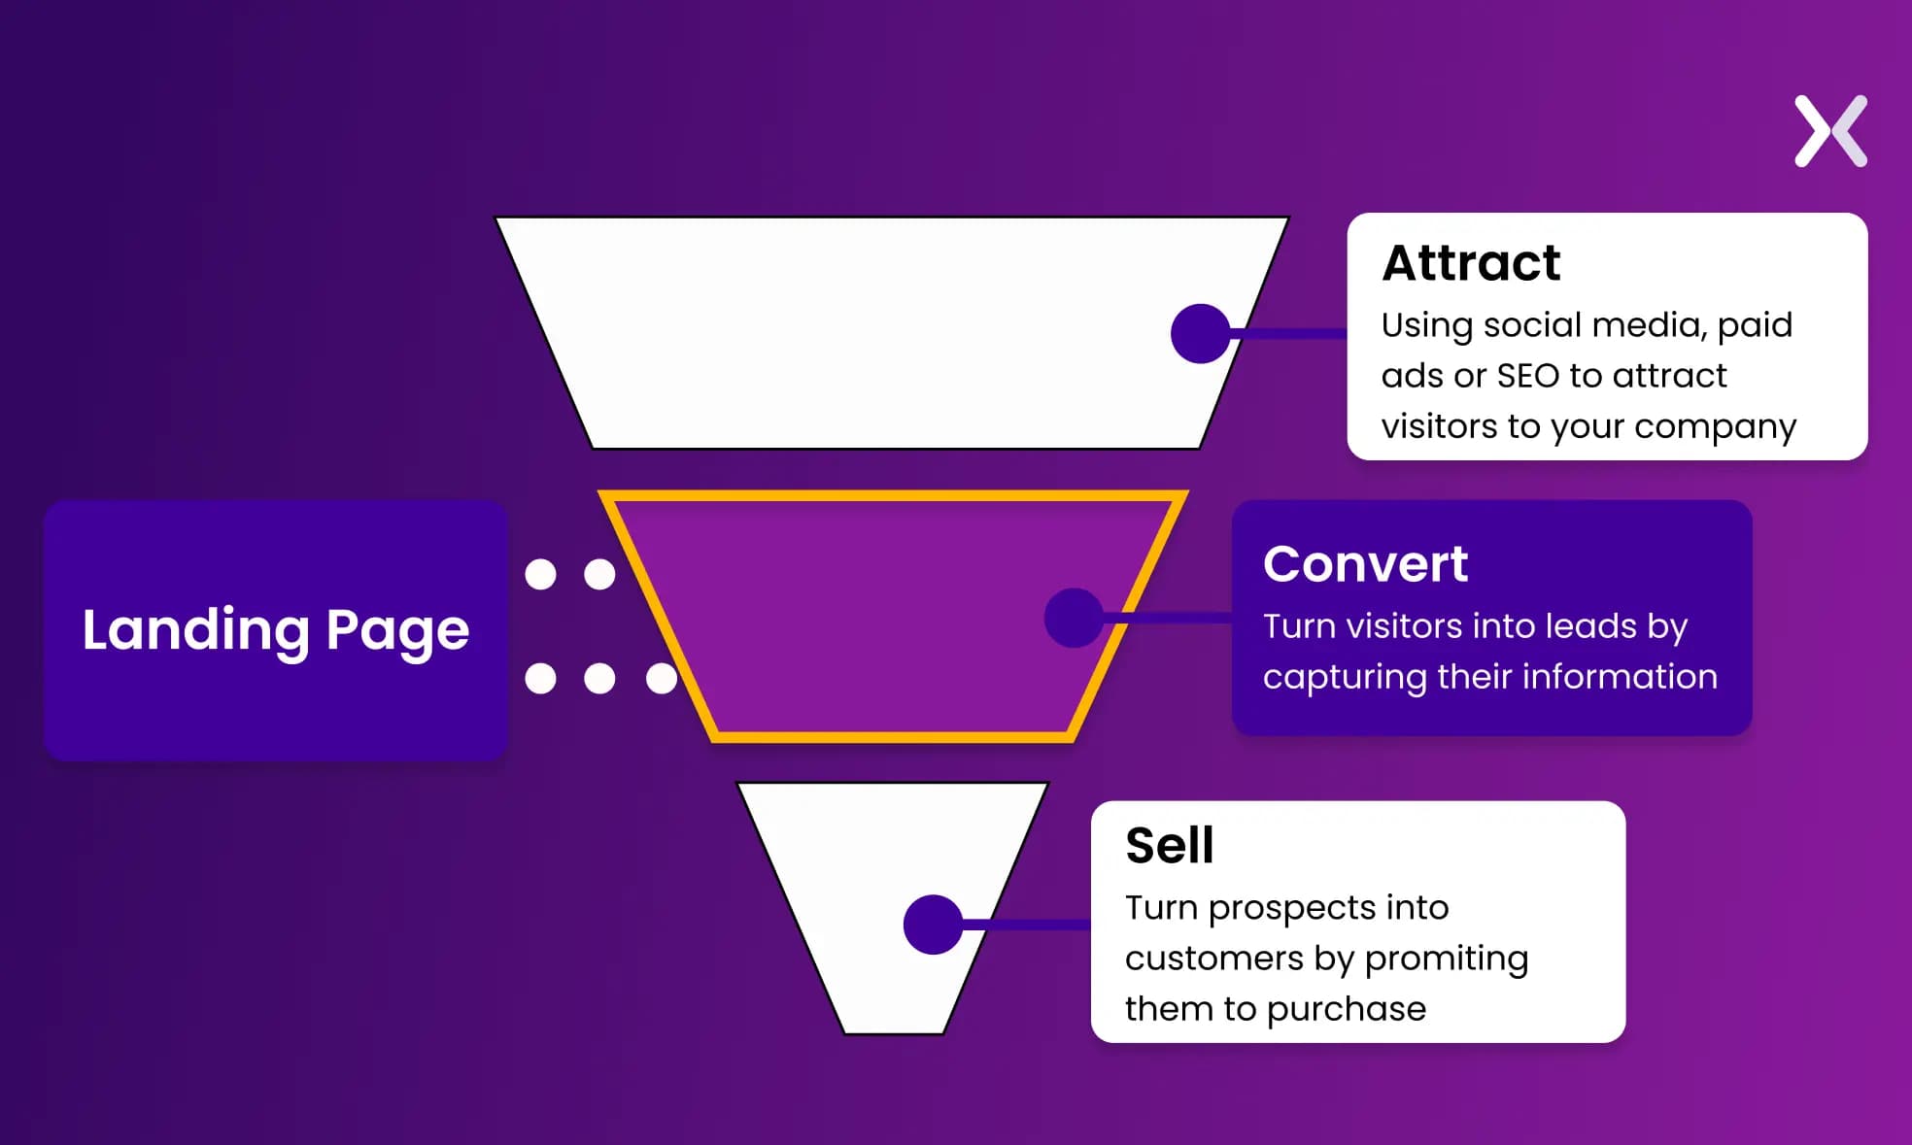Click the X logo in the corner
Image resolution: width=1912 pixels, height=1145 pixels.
point(1830,131)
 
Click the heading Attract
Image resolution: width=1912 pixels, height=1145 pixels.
point(1471,263)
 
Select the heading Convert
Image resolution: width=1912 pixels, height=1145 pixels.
point(1365,564)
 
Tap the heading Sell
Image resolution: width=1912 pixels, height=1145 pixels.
point(1170,846)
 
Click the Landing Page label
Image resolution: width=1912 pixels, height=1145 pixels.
point(276,630)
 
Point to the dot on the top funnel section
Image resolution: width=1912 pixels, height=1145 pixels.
point(1201,333)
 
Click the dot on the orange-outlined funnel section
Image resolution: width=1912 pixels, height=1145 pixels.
point(1074,618)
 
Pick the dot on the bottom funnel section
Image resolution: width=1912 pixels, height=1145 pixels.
point(933,925)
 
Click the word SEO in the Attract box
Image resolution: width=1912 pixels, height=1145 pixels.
point(1527,376)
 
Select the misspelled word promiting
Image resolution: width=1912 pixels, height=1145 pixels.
point(1446,960)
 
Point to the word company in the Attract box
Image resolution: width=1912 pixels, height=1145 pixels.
point(1715,427)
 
